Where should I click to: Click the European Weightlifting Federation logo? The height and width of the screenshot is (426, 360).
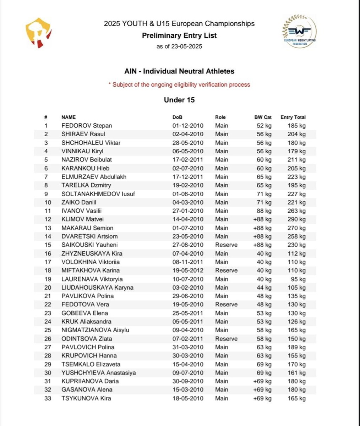pyautogui.click(x=300, y=31)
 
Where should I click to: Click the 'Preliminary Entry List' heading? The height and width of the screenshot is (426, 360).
pyautogui.click(x=179, y=35)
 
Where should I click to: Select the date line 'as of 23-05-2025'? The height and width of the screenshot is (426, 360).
pyautogui.click(x=179, y=47)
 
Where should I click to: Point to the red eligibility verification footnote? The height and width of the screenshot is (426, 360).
pyautogui.click(x=179, y=84)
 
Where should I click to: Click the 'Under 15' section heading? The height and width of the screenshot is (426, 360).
pyautogui.click(x=179, y=100)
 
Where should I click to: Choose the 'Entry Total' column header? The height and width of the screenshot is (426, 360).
pyautogui.click(x=293, y=117)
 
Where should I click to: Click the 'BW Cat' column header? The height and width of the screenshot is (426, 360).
pyautogui.click(x=263, y=117)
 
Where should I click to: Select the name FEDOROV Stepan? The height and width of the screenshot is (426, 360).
pyautogui.click(x=87, y=126)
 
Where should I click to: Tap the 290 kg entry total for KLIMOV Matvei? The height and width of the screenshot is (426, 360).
pyautogui.click(x=296, y=219)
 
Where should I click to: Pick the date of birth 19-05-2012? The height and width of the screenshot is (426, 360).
pyautogui.click(x=188, y=271)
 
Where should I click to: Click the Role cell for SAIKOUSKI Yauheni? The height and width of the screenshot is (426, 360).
pyautogui.click(x=226, y=245)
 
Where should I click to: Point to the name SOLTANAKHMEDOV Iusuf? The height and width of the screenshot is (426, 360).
pyautogui.click(x=98, y=194)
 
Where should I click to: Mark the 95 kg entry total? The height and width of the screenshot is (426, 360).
pyautogui.click(x=298, y=279)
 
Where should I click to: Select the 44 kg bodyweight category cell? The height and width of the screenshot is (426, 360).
pyautogui.click(x=264, y=288)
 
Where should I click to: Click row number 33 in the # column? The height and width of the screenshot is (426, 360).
pyautogui.click(x=48, y=398)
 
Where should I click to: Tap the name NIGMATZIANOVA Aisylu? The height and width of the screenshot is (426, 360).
pyautogui.click(x=95, y=330)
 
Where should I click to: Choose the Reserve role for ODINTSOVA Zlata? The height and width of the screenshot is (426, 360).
pyautogui.click(x=226, y=339)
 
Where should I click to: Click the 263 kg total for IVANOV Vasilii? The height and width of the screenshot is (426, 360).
pyautogui.click(x=296, y=211)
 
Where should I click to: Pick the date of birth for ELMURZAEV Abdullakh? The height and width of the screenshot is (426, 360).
pyautogui.click(x=188, y=177)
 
